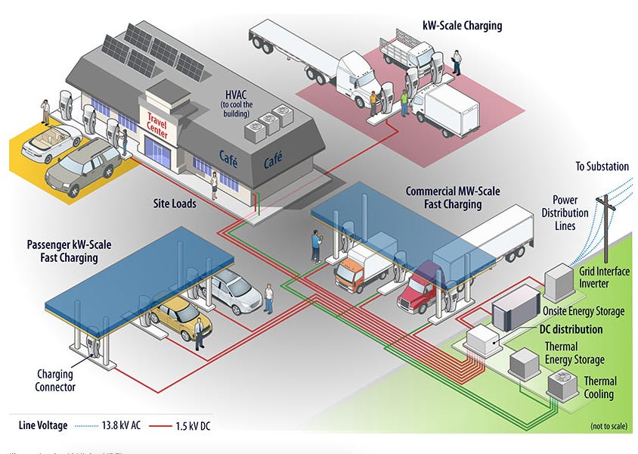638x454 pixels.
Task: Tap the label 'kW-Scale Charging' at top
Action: click(x=462, y=26)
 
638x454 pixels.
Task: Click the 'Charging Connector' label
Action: click(x=55, y=381)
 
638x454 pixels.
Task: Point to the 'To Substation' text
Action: click(x=601, y=166)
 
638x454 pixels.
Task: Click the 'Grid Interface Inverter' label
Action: click(x=604, y=278)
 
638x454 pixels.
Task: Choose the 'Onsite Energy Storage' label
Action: click(x=584, y=311)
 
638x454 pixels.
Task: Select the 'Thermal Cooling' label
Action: click(x=599, y=387)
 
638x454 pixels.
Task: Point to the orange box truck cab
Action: click(x=352, y=272)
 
